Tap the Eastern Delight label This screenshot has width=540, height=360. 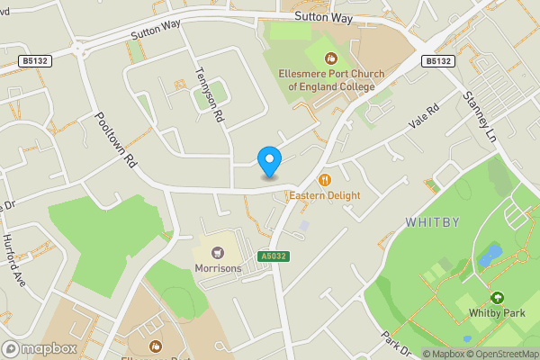[x=324, y=195]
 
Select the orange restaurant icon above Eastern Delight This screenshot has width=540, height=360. [x=325, y=180]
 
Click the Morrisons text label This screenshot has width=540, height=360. [x=217, y=268]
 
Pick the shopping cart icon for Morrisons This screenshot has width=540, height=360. [x=217, y=253]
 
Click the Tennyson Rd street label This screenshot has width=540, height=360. [x=209, y=97]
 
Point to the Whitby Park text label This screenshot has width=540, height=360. [x=495, y=313]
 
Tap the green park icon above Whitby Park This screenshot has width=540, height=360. [x=496, y=297]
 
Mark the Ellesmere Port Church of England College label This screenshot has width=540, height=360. [x=329, y=80]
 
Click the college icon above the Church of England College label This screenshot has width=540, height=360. [x=329, y=58]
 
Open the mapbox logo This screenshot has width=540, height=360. [x=39, y=348]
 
